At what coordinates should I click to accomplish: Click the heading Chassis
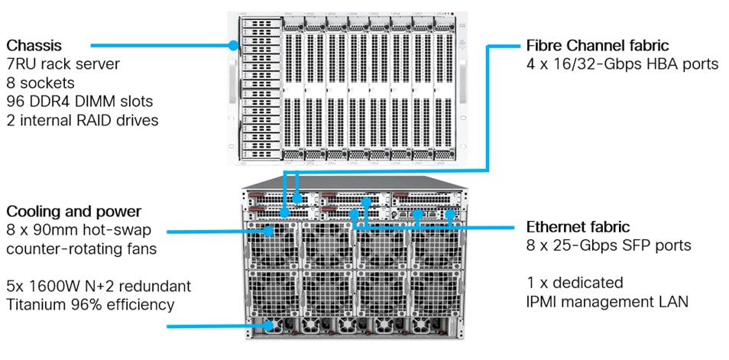point(34,44)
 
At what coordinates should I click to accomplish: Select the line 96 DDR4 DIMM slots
point(79,100)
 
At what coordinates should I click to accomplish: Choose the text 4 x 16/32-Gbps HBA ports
point(623,64)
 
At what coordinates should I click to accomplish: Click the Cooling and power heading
point(73,211)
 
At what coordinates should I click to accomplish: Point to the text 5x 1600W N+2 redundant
point(98,286)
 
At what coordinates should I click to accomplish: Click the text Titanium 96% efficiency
point(89,304)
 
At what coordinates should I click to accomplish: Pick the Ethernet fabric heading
point(578,227)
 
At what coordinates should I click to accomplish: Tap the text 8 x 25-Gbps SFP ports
point(608,245)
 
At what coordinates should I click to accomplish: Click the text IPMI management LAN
point(607,301)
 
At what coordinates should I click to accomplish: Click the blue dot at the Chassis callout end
point(235,46)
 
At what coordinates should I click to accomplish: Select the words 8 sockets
point(37,82)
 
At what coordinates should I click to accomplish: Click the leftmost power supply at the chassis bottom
point(271,326)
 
